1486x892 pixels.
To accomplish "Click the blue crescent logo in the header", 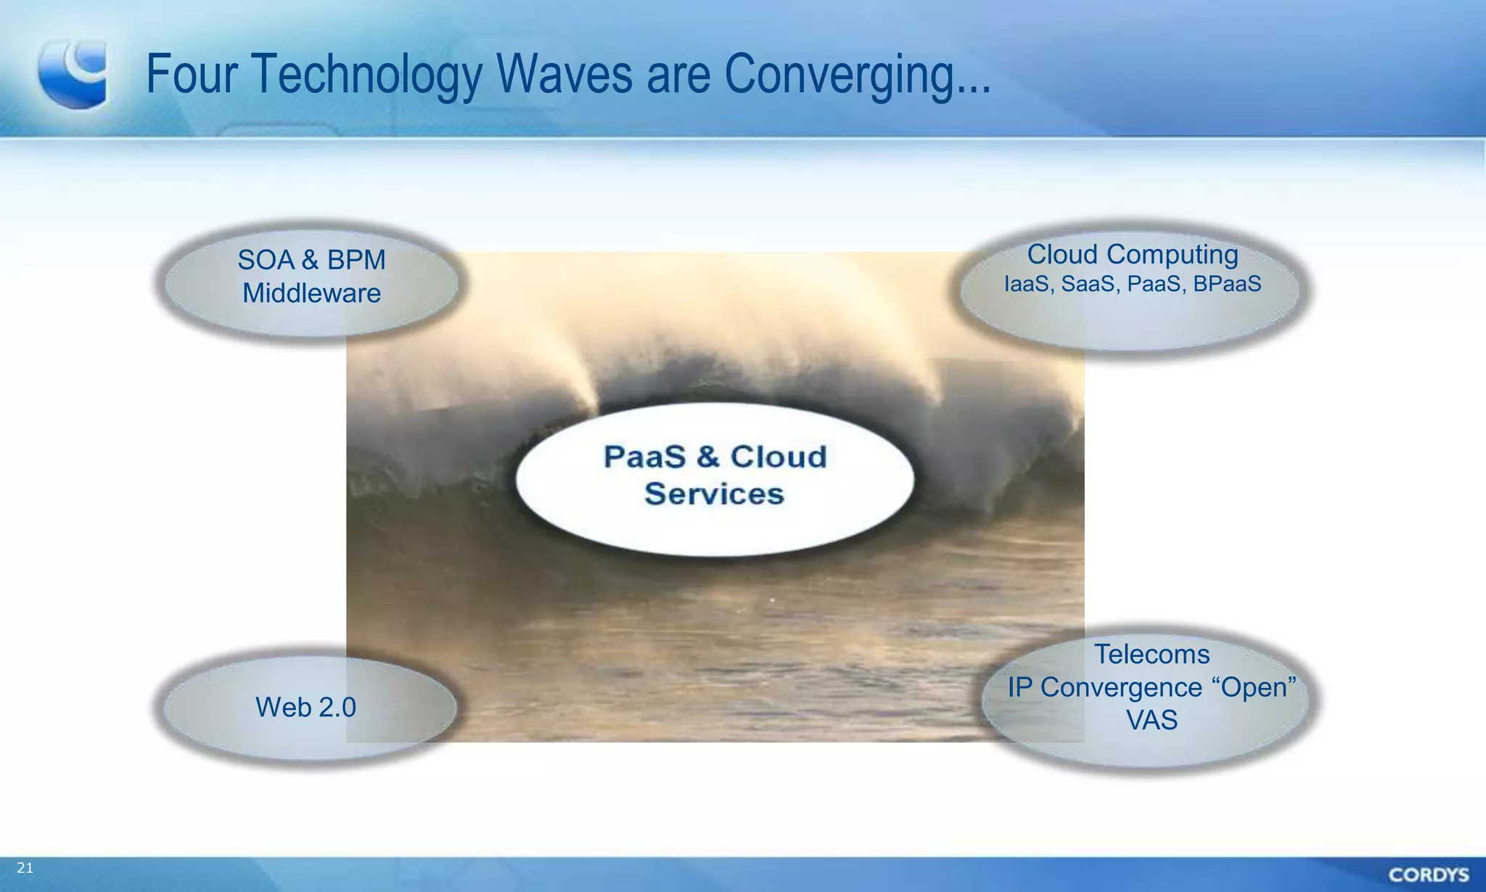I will [x=73, y=74].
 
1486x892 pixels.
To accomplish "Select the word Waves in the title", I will [x=565, y=74].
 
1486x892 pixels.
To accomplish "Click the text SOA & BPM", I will [x=311, y=260].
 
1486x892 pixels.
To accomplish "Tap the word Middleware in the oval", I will [x=311, y=293].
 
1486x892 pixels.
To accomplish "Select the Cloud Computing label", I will [x=1132, y=255].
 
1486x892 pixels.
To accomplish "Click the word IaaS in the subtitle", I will [x=1026, y=284].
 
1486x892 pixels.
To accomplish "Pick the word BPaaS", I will [x=1227, y=284].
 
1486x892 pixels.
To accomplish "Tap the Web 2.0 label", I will [x=305, y=707].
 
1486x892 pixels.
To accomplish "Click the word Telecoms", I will [x=1152, y=654].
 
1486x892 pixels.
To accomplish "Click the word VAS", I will [x=1152, y=720].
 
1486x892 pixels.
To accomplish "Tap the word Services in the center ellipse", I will [x=714, y=494].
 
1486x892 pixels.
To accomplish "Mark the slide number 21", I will [x=25, y=868].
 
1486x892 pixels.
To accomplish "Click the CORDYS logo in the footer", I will [x=1428, y=875].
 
